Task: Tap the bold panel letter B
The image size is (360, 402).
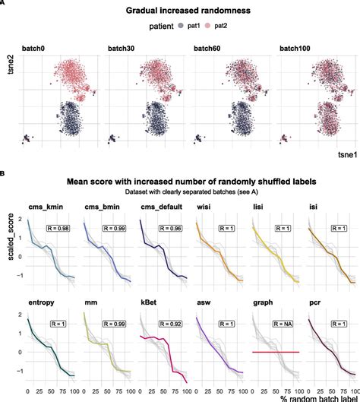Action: coord(4,173)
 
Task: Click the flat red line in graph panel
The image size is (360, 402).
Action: coord(276,352)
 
